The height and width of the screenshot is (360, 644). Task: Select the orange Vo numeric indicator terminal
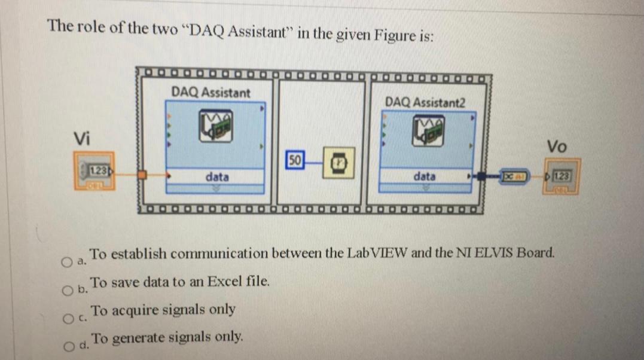pos(560,176)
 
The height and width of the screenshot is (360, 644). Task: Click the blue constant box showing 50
pos(295,160)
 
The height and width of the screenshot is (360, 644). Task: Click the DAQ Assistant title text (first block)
pos(210,93)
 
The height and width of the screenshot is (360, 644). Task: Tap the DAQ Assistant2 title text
pos(425,103)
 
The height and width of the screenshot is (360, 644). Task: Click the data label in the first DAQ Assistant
pos(216,177)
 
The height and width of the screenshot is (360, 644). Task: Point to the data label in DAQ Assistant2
pos(425,177)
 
